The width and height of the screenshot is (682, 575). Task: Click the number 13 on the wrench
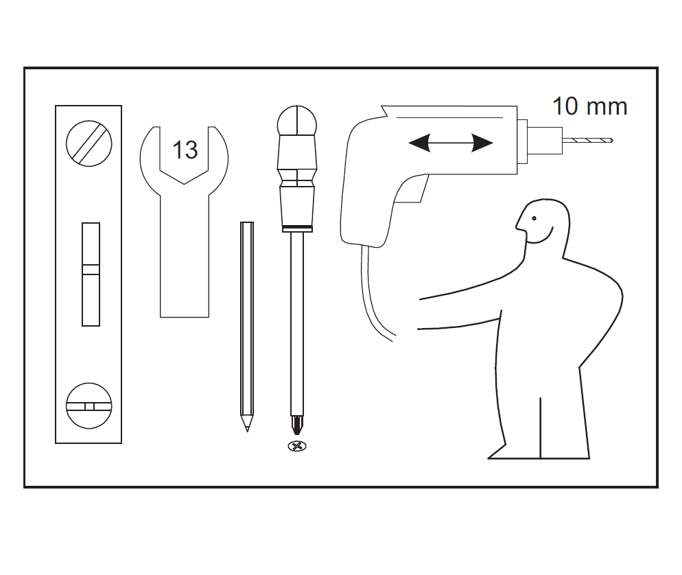point(185,150)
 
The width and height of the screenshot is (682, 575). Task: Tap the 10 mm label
point(589,106)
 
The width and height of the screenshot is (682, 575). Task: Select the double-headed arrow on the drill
point(451,143)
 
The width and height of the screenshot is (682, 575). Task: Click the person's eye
point(534,218)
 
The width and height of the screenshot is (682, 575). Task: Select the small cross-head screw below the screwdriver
point(297,446)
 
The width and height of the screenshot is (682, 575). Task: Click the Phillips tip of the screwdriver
point(297,425)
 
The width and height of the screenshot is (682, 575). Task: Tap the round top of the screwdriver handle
point(297,121)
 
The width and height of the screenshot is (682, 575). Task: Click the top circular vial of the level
point(89,143)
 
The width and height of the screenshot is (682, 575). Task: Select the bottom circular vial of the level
point(89,406)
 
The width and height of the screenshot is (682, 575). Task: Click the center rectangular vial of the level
point(91,274)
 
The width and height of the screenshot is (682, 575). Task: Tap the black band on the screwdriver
point(297,228)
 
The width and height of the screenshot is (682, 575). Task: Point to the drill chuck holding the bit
point(545,141)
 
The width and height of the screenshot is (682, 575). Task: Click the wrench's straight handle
point(185,256)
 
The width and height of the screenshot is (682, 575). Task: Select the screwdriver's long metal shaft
point(297,324)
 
